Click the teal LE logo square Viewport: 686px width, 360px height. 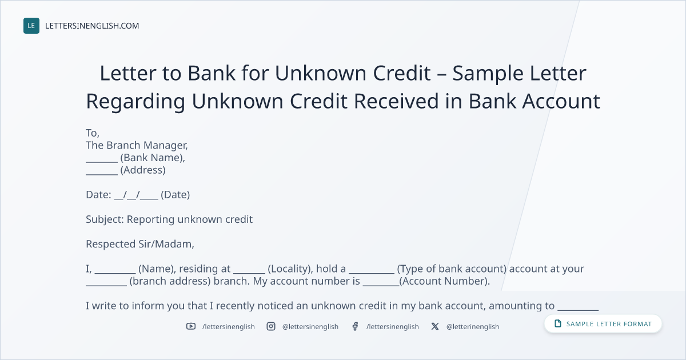click(31, 26)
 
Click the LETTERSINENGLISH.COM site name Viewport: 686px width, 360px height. click(92, 26)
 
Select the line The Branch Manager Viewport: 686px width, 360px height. click(137, 146)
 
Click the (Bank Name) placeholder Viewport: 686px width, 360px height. click(153, 158)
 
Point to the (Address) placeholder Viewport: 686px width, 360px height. click(143, 170)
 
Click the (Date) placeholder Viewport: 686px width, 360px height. click(175, 195)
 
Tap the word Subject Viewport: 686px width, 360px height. click(105, 220)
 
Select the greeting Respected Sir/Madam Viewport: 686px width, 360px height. click(140, 245)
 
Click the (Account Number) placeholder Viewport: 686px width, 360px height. click(444, 281)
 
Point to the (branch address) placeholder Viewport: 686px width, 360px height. click(170, 281)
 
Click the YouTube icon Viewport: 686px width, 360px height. click(191, 326)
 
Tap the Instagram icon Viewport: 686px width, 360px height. click(271, 326)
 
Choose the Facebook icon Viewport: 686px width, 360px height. click(355, 326)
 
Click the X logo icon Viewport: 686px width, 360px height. click(435, 326)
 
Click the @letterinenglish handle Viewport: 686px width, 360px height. click(473, 327)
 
